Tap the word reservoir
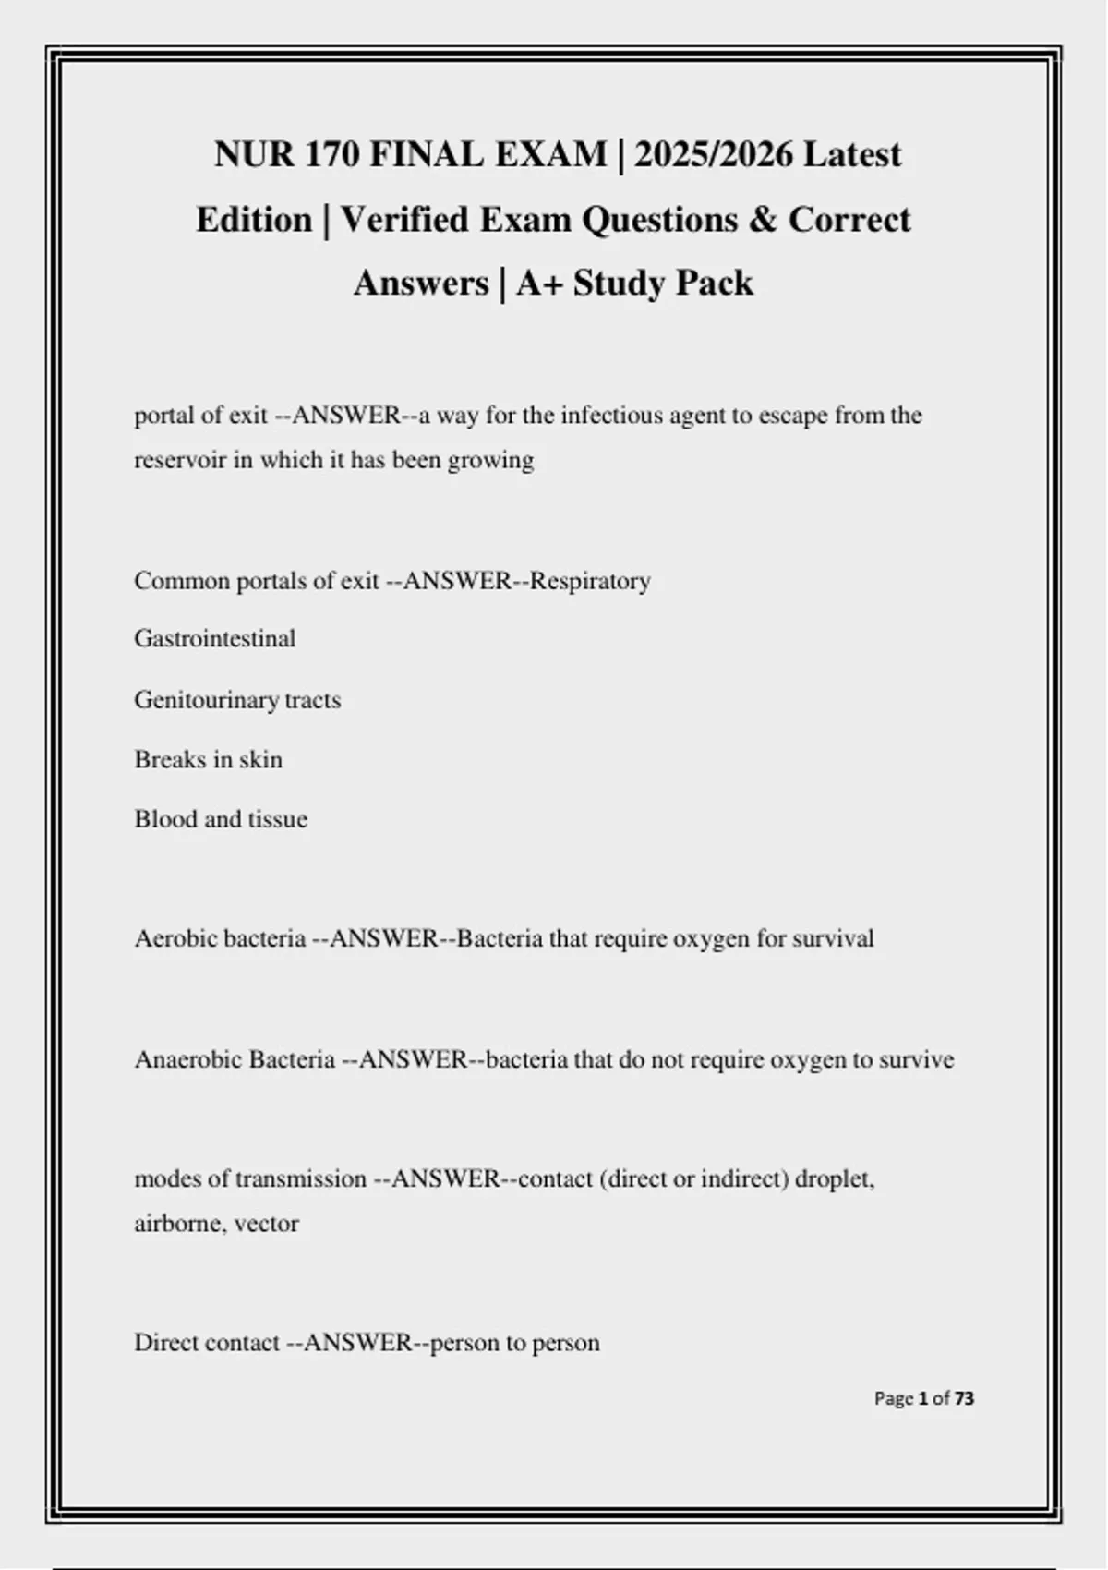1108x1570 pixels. (180, 460)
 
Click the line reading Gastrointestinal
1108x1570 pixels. (215, 639)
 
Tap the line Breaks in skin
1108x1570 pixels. (209, 760)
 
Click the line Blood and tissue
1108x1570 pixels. (221, 819)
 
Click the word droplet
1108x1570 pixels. (833, 1179)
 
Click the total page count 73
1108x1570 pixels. (964, 1398)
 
